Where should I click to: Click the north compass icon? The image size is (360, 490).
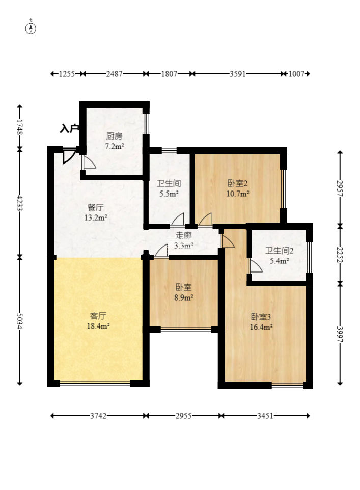pyautogui.click(x=31, y=29)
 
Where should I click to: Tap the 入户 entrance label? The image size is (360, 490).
pyautogui.click(x=69, y=128)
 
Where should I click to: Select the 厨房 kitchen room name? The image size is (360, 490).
pyautogui.click(x=114, y=136)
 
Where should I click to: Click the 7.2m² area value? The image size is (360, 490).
pyautogui.click(x=114, y=146)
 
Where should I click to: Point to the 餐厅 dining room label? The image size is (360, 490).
pyautogui.click(x=96, y=207)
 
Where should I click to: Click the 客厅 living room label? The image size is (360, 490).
pyautogui.click(x=98, y=316)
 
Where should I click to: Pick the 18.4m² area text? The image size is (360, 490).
pyautogui.click(x=98, y=326)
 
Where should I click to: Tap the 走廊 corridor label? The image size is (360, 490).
pyautogui.click(x=184, y=235)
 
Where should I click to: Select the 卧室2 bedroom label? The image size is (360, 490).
pyautogui.click(x=237, y=183)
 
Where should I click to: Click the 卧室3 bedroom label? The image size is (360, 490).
pyautogui.click(x=261, y=317)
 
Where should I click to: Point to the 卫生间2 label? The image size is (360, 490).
pyautogui.click(x=280, y=251)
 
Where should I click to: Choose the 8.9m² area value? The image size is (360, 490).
pyautogui.click(x=184, y=297)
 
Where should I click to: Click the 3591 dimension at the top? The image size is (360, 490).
pyautogui.click(x=237, y=74)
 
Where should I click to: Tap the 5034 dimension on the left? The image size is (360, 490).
pyautogui.click(x=20, y=320)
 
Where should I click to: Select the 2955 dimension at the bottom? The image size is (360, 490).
pyautogui.click(x=183, y=416)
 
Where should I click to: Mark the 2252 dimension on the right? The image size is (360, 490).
pyautogui.click(x=340, y=255)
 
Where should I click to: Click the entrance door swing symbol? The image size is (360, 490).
pyautogui.click(x=69, y=156)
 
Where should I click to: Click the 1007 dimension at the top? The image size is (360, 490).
pyautogui.click(x=296, y=74)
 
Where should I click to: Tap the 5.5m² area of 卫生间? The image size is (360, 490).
pyautogui.click(x=169, y=194)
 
